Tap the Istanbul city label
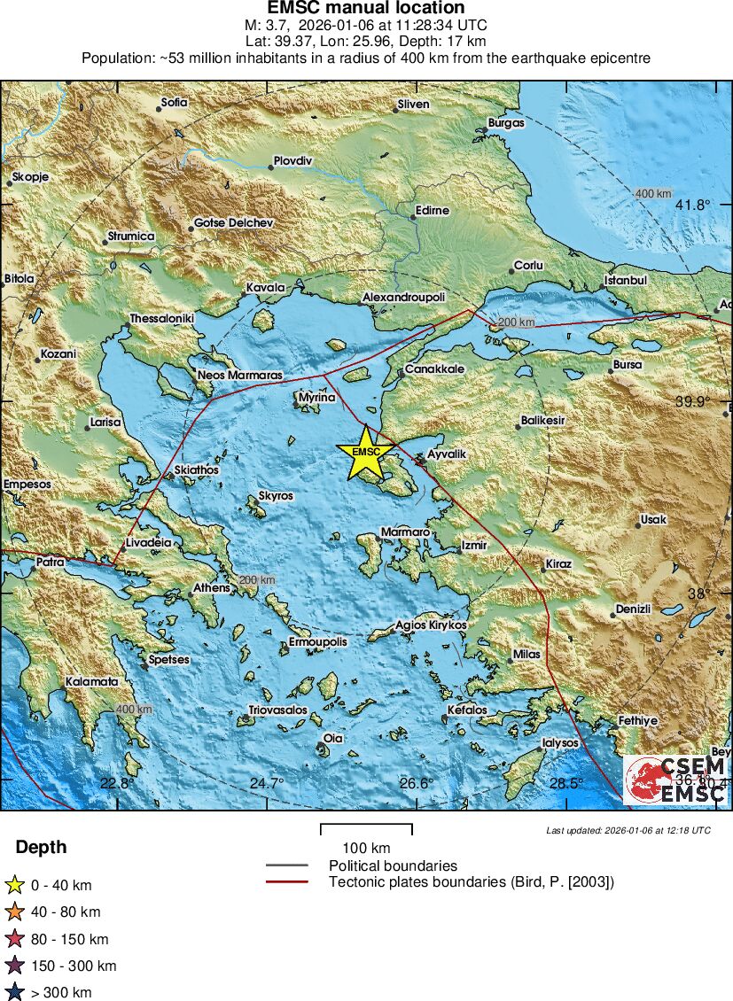626,280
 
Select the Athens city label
212,587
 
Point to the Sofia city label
175,103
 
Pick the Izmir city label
474,546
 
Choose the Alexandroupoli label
403,298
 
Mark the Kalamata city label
91,682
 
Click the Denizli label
633,609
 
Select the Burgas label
506,123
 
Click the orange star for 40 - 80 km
14,912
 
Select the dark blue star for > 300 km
14,992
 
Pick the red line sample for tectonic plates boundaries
286,882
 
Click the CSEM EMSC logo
676,780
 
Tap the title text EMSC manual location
366,8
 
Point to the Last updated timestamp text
628,830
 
